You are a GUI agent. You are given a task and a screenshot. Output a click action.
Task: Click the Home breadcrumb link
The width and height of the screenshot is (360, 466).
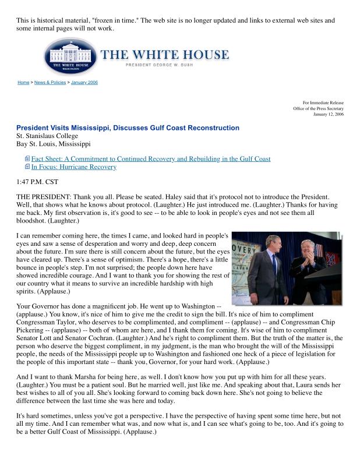(23, 83)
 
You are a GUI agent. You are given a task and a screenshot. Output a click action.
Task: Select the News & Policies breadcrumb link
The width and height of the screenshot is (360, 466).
(50, 83)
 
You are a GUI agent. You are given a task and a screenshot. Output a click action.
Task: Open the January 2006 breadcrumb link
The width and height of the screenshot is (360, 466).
(84, 83)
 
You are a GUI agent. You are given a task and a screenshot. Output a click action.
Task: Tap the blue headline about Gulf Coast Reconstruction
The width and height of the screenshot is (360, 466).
(128, 128)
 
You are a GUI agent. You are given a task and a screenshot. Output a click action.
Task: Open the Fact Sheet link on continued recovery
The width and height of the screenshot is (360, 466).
(150, 158)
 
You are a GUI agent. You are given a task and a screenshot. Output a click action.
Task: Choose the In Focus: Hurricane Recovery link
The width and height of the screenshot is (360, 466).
(73, 167)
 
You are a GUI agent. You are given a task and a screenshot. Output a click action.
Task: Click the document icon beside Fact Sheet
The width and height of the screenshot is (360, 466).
(27, 158)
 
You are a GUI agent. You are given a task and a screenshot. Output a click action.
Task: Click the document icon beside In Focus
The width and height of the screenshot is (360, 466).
(27, 167)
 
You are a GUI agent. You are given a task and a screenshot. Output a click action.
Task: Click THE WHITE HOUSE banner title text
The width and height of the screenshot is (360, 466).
(165, 55)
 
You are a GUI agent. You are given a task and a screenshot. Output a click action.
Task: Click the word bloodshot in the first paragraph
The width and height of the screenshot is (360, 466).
(33, 222)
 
